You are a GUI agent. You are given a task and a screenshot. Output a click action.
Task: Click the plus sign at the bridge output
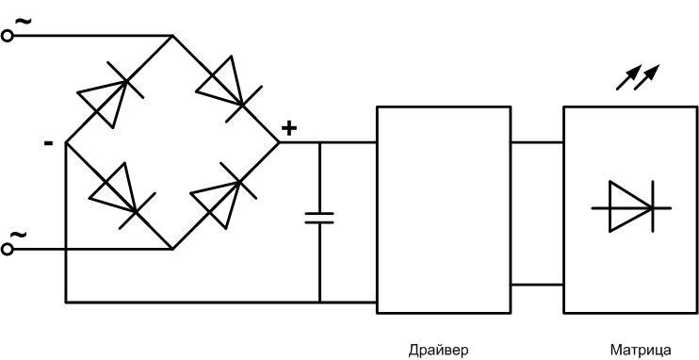[289, 129]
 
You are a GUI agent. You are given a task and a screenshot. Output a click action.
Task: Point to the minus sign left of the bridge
[47, 143]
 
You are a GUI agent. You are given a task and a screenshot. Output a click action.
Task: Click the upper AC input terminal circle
[8, 36]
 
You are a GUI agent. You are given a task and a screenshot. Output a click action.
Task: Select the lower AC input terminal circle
[8, 250]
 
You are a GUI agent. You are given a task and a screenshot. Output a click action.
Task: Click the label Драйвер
[438, 351]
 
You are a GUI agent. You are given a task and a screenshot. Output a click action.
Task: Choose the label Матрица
[642, 351]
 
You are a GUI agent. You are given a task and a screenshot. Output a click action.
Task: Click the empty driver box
[443, 209]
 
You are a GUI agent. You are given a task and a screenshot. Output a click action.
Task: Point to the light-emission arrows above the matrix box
[638, 76]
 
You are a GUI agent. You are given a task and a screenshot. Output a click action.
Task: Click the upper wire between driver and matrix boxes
[536, 143]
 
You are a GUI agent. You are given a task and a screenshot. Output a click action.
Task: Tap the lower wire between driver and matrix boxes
[536, 285]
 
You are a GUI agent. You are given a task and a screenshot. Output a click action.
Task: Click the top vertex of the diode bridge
[172, 36]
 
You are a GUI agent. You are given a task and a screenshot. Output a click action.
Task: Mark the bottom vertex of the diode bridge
[172, 250]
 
